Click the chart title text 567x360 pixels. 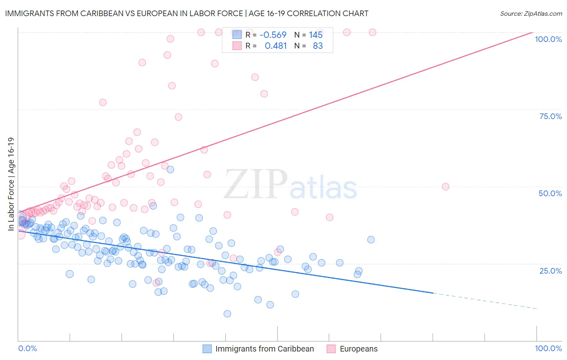(186, 13)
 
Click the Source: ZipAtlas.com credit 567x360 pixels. (531, 13)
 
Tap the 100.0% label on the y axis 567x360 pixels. (548, 39)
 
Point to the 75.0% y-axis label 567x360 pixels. (550, 116)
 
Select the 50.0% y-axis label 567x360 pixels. (550, 193)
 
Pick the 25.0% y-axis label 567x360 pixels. (550, 271)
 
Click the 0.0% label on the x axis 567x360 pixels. (27, 348)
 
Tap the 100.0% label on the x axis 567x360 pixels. (548, 348)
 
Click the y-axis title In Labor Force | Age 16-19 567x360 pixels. (11, 184)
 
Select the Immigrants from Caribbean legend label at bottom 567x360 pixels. (265, 349)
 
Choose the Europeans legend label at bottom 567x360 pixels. (359, 349)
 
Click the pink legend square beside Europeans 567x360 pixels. (331, 349)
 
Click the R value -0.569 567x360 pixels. (273, 35)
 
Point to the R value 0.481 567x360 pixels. (275, 46)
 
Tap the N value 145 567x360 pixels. (316, 35)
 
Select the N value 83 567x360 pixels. (318, 46)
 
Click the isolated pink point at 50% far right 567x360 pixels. (445, 186)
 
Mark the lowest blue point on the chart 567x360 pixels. (227, 314)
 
